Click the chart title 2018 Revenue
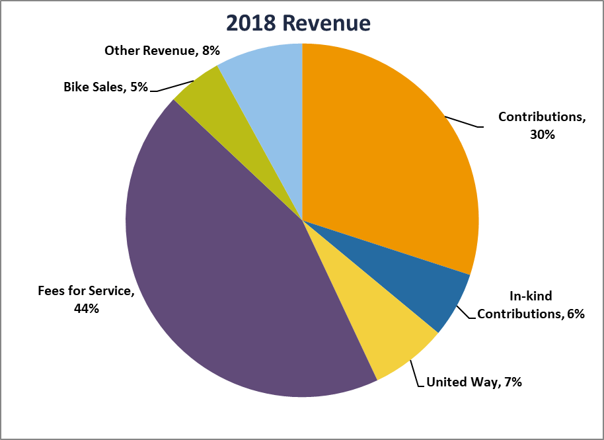298,23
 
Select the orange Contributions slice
383,152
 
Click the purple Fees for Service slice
225,278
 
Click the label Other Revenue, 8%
162,50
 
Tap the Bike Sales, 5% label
106,87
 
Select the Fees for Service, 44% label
87,299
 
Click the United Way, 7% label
474,382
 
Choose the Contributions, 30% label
542,125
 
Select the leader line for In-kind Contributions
465,314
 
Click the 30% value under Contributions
542,134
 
